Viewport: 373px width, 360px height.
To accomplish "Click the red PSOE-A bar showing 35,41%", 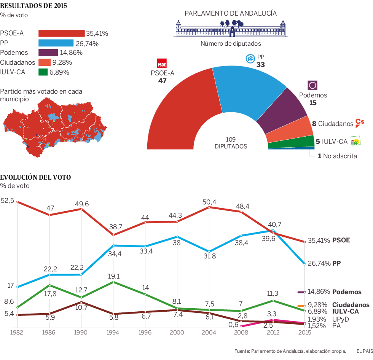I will [61, 33].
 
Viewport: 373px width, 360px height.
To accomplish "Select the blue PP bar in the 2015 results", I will [56, 43].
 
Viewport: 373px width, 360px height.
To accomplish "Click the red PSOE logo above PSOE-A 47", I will [162, 63].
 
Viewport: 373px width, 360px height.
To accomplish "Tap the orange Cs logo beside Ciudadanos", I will [359, 122].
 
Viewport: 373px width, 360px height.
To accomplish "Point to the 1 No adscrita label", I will [337, 156].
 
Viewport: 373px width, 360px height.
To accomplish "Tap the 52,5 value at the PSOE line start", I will [7, 200].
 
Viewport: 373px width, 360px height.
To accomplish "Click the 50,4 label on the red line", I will [209, 202].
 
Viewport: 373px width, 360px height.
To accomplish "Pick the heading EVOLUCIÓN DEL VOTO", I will [35, 177].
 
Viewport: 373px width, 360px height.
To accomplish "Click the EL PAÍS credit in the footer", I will [364, 351].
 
